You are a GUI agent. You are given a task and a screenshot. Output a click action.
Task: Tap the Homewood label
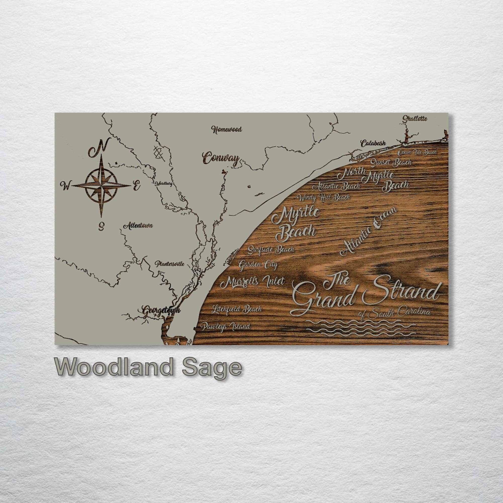pos(227,129)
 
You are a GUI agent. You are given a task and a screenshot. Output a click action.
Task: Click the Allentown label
pos(138,226)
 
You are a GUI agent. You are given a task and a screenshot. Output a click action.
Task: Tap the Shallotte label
pos(415,119)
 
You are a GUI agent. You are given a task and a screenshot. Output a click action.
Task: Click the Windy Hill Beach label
pos(323,198)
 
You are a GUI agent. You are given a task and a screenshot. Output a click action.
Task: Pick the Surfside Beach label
pos(271,250)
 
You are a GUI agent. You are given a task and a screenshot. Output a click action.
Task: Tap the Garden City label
pos(258,265)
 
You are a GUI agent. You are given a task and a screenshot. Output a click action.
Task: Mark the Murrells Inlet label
pos(252,281)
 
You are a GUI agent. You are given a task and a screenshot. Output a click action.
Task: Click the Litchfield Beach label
pos(236,309)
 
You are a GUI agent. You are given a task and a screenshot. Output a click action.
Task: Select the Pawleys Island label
pos(225,326)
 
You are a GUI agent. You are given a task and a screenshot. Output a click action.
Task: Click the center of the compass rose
pos(101,185)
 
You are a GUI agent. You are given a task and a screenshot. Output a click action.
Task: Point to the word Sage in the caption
pos(210,367)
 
